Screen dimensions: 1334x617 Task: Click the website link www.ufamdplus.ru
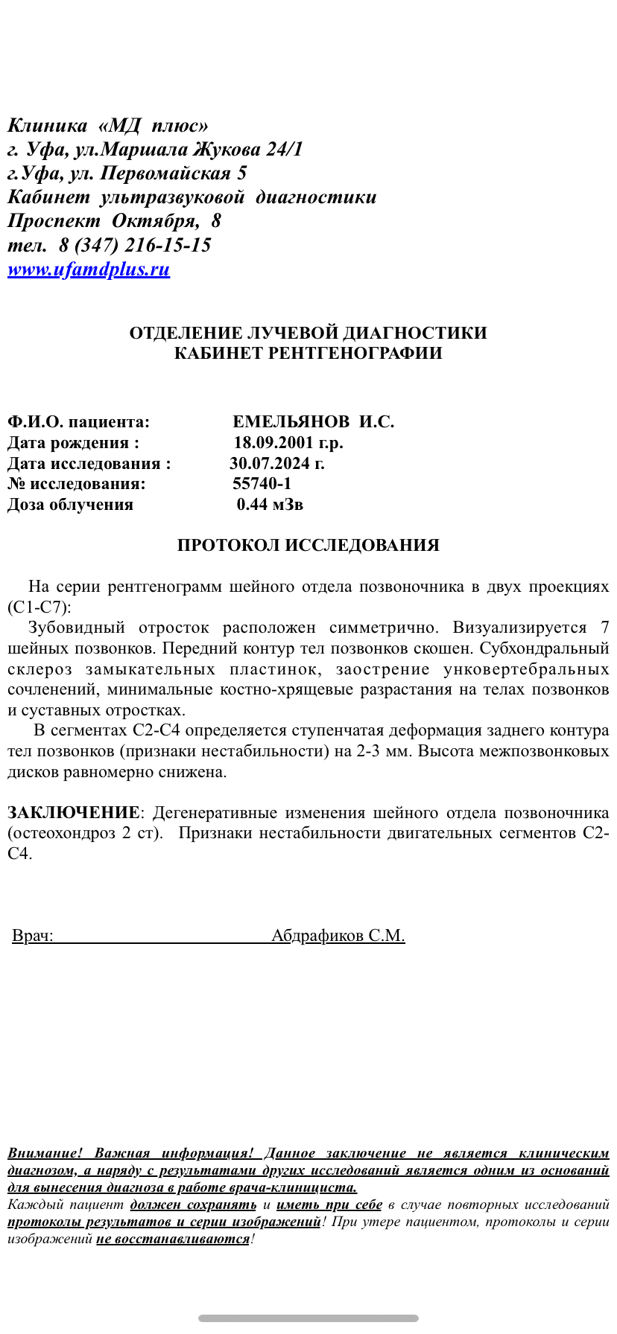click(x=89, y=269)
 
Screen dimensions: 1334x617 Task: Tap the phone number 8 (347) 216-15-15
click(x=135, y=245)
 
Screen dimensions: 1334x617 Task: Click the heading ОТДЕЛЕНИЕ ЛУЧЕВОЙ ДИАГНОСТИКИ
click(x=308, y=333)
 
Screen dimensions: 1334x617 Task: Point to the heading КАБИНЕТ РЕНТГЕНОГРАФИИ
click(x=308, y=353)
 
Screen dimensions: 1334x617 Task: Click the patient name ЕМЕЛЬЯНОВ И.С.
click(x=313, y=422)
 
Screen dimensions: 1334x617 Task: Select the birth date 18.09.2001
click(x=288, y=443)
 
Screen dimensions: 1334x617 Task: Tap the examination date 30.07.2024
click(x=276, y=464)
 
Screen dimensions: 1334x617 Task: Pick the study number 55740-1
click(x=262, y=484)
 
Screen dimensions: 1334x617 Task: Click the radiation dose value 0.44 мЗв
click(x=270, y=505)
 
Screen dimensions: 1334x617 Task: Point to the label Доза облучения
click(x=70, y=505)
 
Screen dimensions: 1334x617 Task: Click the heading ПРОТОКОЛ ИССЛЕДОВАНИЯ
click(x=308, y=546)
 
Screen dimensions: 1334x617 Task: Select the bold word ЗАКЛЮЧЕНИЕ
click(x=73, y=812)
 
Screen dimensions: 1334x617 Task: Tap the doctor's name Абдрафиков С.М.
click(x=338, y=936)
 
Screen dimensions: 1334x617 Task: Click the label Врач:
click(x=33, y=936)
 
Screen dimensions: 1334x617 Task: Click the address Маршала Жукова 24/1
click(x=201, y=150)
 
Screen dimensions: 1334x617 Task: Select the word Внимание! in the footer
click(x=45, y=1153)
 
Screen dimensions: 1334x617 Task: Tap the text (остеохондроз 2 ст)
click(x=85, y=832)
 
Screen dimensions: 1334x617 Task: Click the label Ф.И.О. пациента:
click(x=78, y=422)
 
